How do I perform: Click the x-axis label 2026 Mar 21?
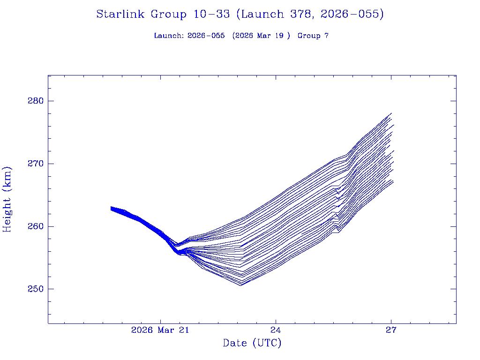click(x=160, y=330)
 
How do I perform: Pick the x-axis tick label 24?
click(x=276, y=330)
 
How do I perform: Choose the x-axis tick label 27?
click(x=391, y=330)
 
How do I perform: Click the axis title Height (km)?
click(x=7, y=199)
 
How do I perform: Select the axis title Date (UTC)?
click(x=252, y=344)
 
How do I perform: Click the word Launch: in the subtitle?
click(x=169, y=36)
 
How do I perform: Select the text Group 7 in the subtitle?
click(x=313, y=36)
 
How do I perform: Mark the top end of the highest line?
click(x=391, y=113)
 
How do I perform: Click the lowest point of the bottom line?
click(x=241, y=285)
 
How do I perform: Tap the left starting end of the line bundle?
click(x=111, y=208)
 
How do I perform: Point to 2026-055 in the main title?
click(x=352, y=15)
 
